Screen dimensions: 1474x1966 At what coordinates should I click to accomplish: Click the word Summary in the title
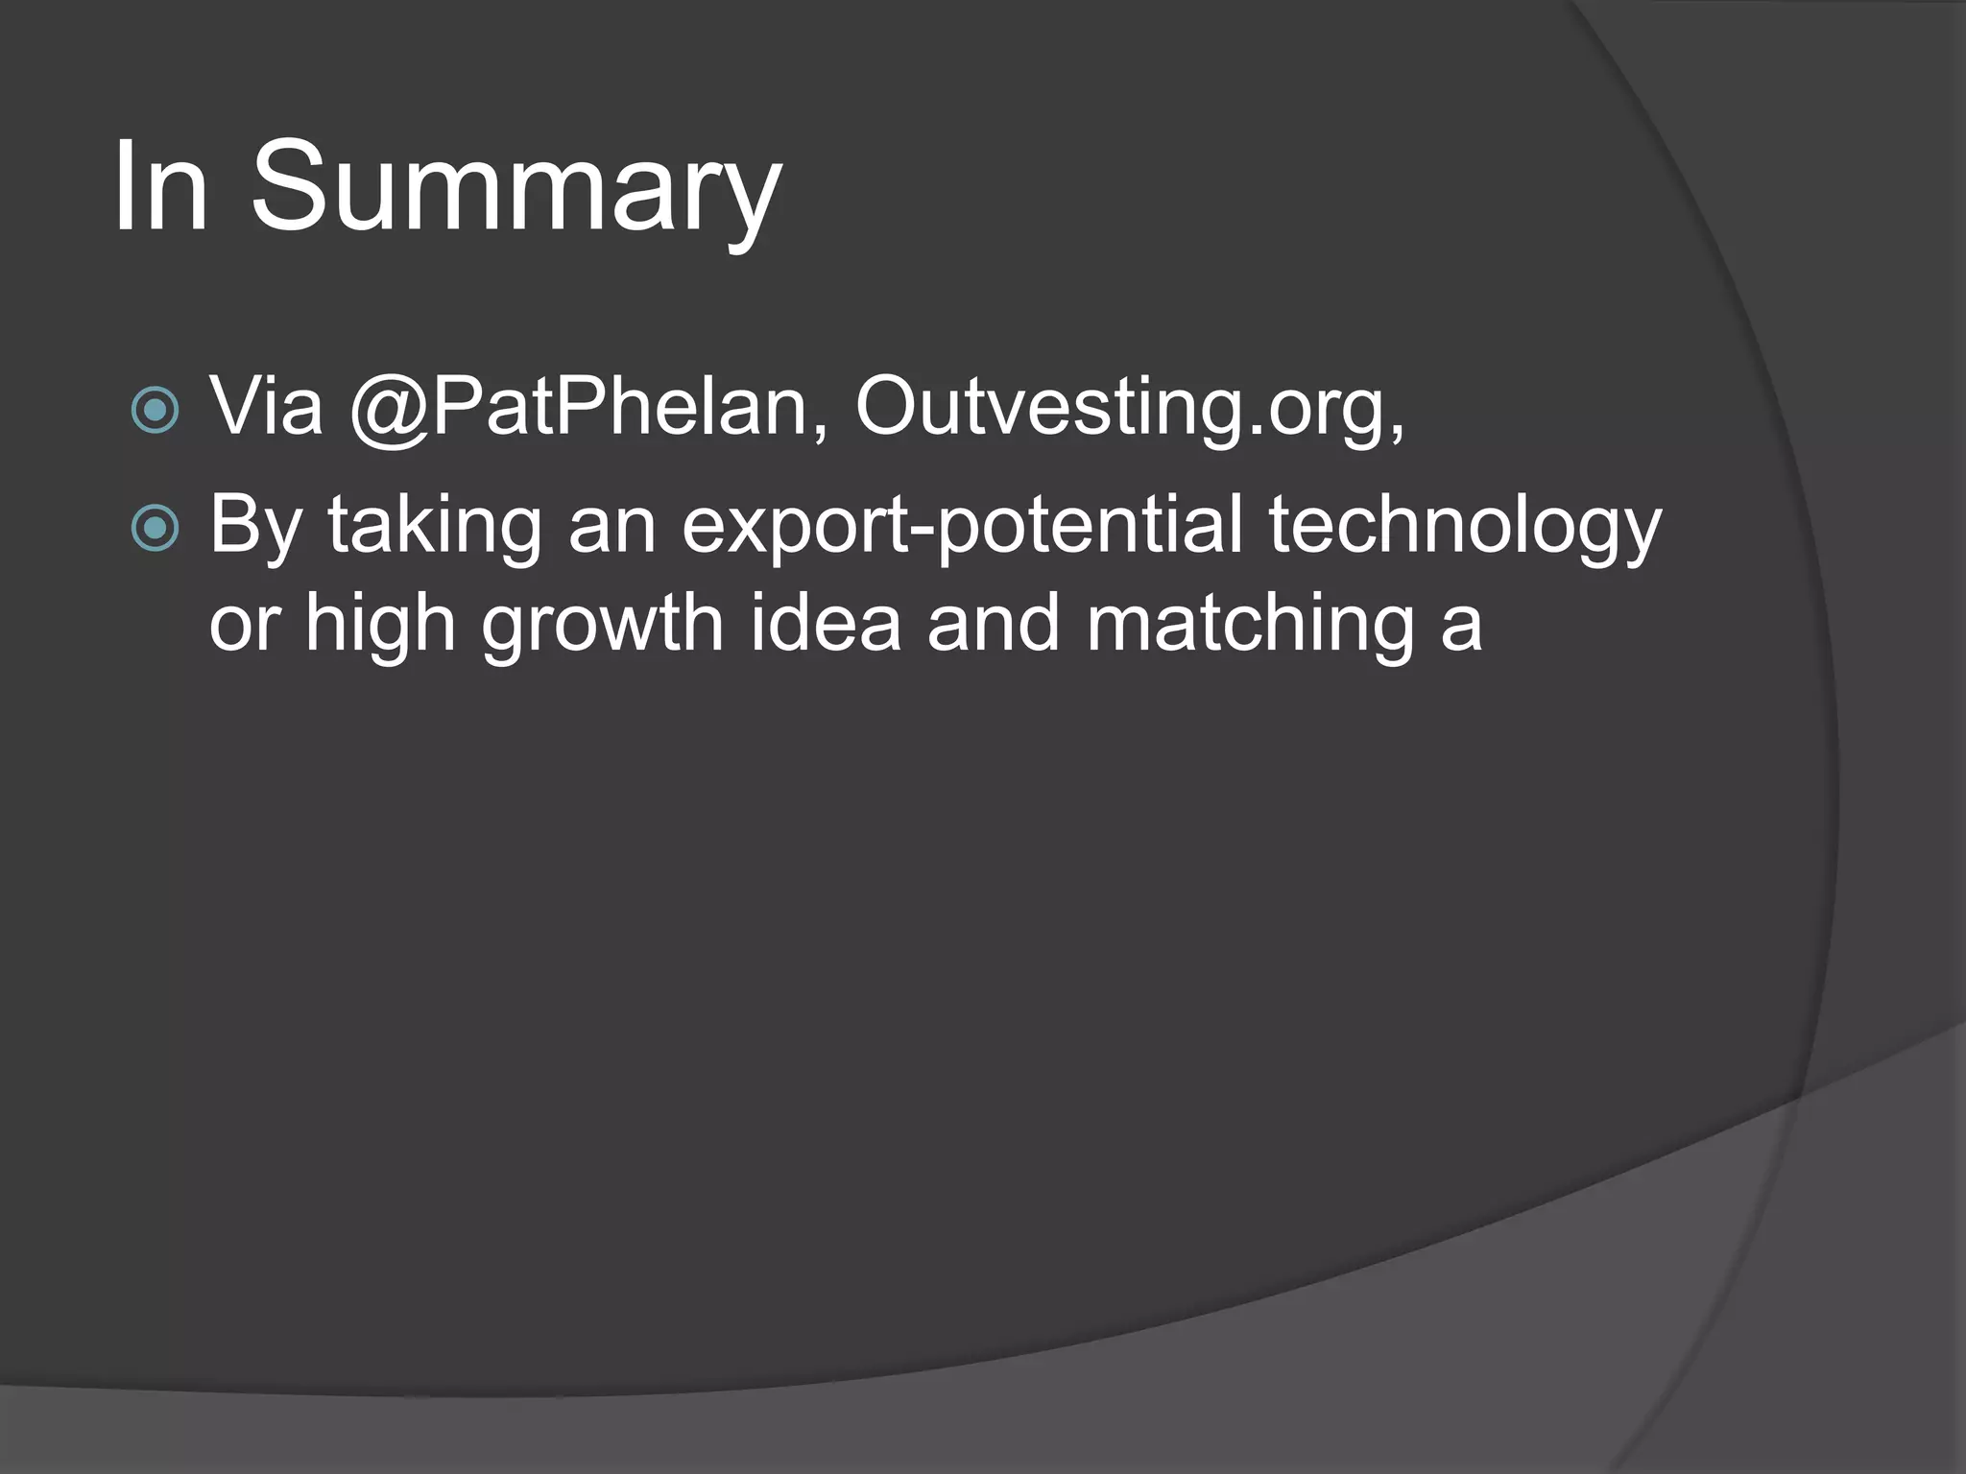pos(515,187)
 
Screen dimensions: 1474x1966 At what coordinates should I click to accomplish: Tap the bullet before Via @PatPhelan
pos(155,410)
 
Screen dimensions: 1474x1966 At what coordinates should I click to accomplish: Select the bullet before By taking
pos(155,527)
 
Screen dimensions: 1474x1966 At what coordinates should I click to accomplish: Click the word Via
pos(266,407)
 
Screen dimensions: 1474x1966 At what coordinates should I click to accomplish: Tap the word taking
pos(435,526)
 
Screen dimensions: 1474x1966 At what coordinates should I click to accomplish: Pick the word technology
pos(1465,526)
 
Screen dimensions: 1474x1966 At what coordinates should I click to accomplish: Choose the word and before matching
pos(993,622)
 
